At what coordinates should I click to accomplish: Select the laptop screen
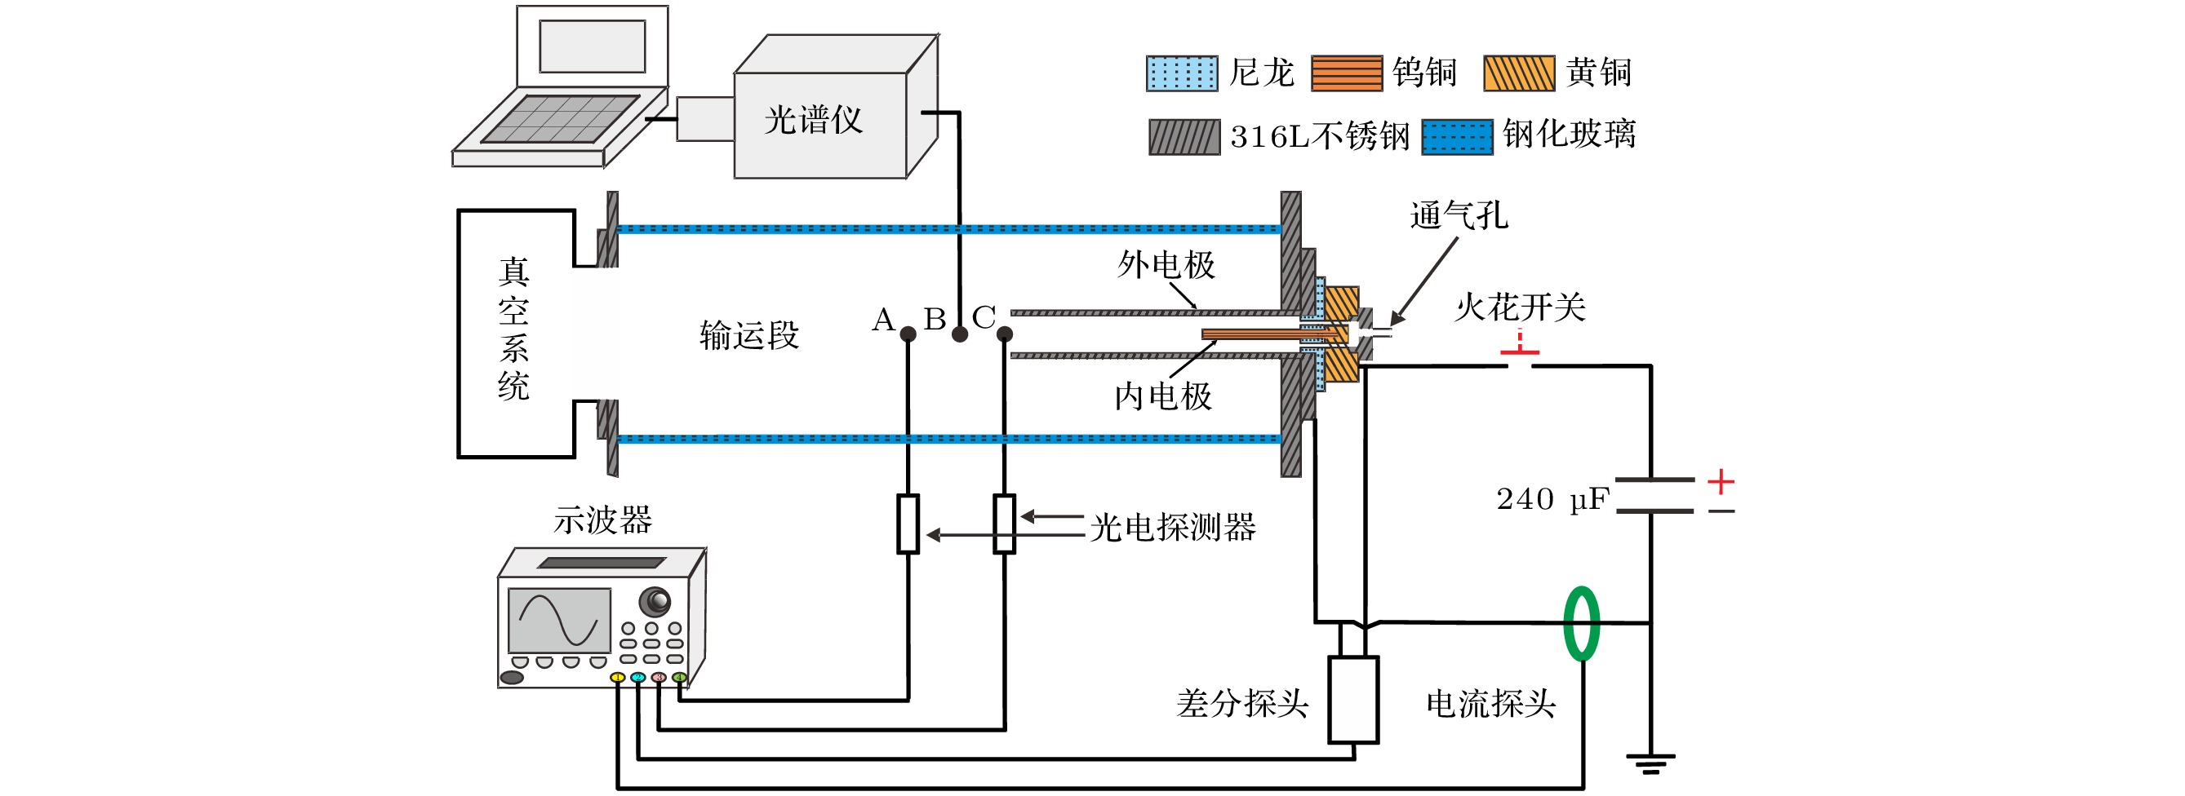pyautogui.click(x=592, y=46)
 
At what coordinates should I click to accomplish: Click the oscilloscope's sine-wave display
pyautogui.click(x=559, y=620)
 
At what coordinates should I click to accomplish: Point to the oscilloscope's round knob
pyautogui.click(x=654, y=601)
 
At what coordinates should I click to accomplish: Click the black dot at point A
pyautogui.click(x=908, y=334)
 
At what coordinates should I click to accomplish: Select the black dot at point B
pyautogui.click(x=959, y=334)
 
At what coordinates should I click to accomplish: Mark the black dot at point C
pyautogui.click(x=1004, y=334)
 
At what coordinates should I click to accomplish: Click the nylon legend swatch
pyautogui.click(x=1182, y=73)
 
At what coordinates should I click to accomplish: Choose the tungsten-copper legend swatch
pyautogui.click(x=1347, y=73)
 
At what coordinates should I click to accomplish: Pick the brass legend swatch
pyautogui.click(x=1519, y=73)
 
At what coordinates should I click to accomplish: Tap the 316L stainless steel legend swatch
pyautogui.click(x=1185, y=136)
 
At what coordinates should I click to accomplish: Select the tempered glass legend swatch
pyautogui.click(x=1457, y=136)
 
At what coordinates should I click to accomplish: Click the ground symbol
pyautogui.click(x=1650, y=764)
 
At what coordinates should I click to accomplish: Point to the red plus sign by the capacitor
pyautogui.click(x=1721, y=481)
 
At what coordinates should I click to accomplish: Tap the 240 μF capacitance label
pyautogui.click(x=1552, y=499)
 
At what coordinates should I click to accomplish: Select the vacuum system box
pyautogui.click(x=516, y=333)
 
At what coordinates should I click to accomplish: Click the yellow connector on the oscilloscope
pyautogui.click(x=618, y=677)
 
